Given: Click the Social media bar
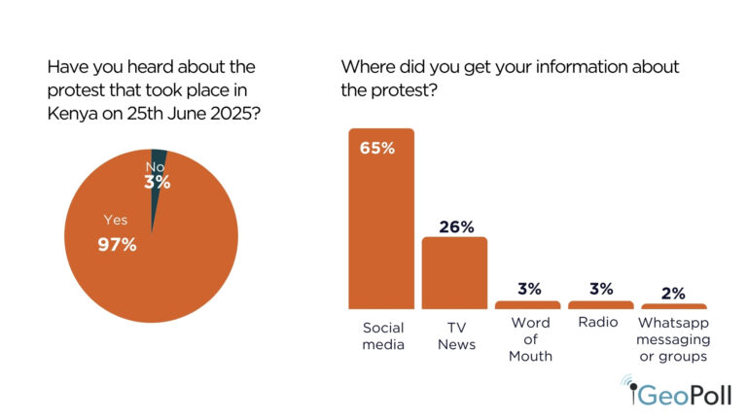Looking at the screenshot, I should click(381, 219).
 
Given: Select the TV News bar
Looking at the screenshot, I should click(454, 272).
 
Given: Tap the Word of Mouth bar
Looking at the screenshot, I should click(528, 304).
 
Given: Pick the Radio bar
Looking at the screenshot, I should click(601, 304).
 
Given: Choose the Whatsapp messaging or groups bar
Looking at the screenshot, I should click(673, 306).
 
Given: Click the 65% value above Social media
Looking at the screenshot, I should click(381, 149).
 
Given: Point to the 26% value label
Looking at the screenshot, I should click(454, 227).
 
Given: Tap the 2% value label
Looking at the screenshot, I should click(673, 293).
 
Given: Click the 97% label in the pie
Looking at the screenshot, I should click(117, 244).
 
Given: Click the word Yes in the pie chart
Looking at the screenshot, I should click(115, 220).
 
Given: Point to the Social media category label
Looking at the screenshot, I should click(381, 332).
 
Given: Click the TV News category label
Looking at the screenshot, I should click(454, 332).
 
